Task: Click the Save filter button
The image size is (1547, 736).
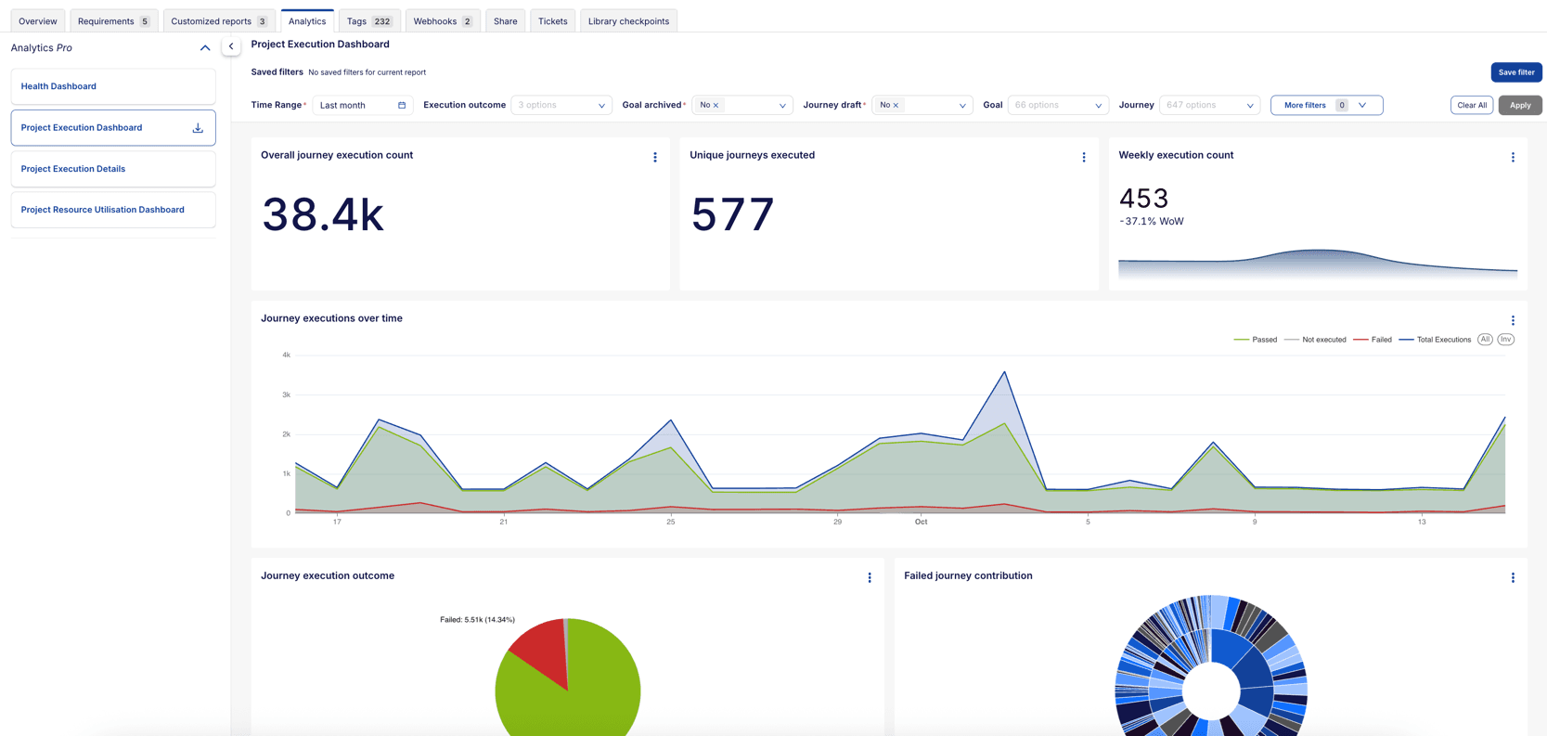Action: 1515,72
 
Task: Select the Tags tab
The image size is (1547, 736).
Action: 368,21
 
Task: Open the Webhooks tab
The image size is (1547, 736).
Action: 442,21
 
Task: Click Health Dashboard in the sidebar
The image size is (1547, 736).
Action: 58,86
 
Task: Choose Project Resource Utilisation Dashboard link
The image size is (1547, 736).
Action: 102,210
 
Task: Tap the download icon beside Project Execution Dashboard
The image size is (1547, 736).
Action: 198,128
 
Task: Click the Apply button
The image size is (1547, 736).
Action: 1519,105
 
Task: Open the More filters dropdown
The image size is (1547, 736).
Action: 1325,105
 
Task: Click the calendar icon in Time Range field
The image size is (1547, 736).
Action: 402,105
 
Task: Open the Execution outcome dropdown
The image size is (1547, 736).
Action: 561,105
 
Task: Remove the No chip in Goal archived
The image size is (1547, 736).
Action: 716,106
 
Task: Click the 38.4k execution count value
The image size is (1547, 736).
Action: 322,214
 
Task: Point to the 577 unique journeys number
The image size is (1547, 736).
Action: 732,214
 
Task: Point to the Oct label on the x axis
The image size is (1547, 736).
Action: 921,522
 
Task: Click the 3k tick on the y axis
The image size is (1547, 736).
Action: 287,394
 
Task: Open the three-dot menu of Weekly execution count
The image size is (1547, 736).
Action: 1512,158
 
